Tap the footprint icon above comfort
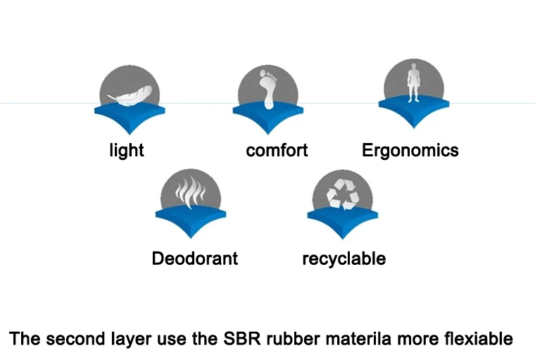[267, 89]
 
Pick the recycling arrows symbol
[339, 192]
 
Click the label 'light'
[127, 150]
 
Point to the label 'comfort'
[277, 150]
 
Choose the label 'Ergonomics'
[410, 150]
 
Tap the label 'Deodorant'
[194, 259]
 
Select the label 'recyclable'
[344, 259]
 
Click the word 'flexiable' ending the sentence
[479, 339]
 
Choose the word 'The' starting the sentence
[24, 339]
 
